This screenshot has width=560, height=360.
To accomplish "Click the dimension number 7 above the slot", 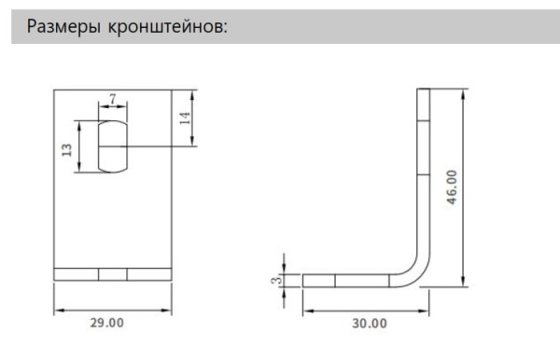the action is tap(113, 98).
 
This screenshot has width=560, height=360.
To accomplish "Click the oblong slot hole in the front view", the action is tap(113, 145).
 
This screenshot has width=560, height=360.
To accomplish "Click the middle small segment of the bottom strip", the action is tap(113, 273).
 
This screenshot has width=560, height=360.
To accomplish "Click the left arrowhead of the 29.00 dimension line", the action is tap(57, 310).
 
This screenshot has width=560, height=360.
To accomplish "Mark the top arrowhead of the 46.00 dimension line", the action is tap(464, 92).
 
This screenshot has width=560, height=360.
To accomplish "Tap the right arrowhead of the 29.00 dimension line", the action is tap(169, 310).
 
